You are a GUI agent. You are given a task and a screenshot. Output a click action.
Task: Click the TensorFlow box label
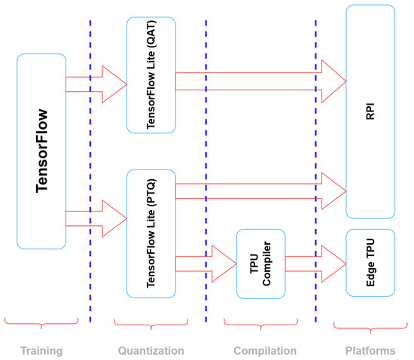tap(41, 151)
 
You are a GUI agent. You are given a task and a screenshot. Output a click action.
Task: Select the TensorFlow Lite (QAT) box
tap(151, 75)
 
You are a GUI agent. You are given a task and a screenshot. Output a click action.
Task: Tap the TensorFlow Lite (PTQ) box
tap(151, 233)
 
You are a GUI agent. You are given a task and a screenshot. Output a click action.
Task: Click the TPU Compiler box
tap(261, 264)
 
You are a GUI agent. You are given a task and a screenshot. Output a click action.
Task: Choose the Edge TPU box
tap(370, 263)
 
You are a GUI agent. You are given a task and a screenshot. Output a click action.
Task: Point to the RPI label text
tap(370, 111)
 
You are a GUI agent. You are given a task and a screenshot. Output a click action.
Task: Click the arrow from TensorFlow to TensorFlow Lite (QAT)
tap(96, 84)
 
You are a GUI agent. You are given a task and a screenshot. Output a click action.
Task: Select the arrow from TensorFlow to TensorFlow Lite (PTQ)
tap(96, 218)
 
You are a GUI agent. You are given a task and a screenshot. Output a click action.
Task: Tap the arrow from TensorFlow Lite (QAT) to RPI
tap(261, 81)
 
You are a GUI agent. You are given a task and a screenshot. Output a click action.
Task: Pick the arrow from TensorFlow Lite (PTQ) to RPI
tap(261, 191)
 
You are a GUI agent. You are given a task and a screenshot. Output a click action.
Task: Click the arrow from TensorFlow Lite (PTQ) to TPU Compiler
tap(206, 264)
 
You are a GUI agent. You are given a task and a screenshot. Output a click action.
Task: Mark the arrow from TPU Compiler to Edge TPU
tap(316, 264)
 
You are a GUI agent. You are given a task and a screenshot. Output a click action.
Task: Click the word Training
tap(41, 351)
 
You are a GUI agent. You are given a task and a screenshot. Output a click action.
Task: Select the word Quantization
tap(151, 351)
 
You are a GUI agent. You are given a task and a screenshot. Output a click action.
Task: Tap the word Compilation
tap(265, 351)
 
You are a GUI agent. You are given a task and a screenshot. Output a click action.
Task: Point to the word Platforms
tap(370, 351)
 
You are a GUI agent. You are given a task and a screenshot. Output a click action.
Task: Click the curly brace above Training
tap(41, 324)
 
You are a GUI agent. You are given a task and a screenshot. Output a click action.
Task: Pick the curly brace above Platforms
tap(370, 328)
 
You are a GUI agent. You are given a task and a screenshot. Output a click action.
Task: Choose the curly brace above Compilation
tap(261, 325)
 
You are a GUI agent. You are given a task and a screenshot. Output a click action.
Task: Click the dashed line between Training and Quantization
tap(90, 171)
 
